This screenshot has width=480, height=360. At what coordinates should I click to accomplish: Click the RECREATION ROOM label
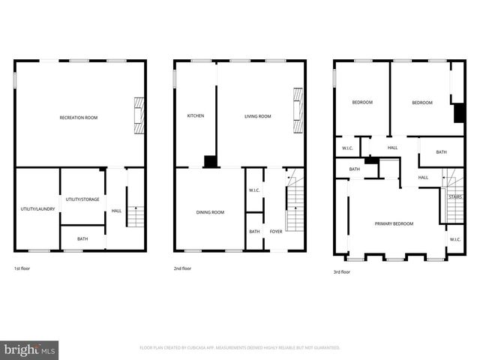click(x=79, y=118)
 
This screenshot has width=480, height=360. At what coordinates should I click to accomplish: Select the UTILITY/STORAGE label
click(x=82, y=199)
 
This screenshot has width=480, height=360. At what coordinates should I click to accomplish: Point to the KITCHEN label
click(x=196, y=116)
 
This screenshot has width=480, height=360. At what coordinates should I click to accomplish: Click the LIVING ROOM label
click(x=257, y=116)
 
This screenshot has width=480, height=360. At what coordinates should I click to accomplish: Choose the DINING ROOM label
click(x=210, y=212)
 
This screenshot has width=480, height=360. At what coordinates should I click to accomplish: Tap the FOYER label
click(x=276, y=232)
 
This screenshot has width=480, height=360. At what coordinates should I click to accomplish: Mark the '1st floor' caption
click(x=22, y=268)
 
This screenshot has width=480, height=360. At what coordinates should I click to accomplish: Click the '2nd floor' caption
click(x=182, y=268)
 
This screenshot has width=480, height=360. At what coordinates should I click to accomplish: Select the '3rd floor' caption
click(x=341, y=272)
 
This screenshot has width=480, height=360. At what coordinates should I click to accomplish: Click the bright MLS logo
click(x=29, y=349)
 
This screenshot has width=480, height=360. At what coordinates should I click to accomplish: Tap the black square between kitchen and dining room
click(x=211, y=161)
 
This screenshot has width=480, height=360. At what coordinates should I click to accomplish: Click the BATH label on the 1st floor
click(x=82, y=239)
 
